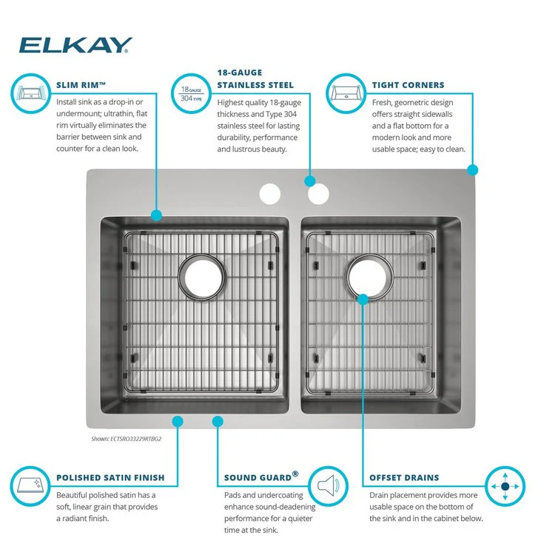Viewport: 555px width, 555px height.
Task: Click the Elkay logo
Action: click(75, 45)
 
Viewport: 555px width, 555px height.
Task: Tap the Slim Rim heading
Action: click(81, 85)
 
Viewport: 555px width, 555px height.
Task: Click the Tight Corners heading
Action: click(408, 85)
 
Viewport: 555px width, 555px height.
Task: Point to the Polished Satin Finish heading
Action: click(110, 478)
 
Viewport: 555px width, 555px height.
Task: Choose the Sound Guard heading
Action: click(261, 477)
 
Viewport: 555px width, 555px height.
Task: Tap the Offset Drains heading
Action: click(404, 478)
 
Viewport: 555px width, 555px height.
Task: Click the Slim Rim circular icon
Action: click(31, 94)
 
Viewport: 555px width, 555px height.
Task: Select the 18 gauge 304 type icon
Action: click(191, 94)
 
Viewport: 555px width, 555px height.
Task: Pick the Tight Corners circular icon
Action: click(346, 94)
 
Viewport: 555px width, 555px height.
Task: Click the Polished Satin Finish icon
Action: click(30, 486)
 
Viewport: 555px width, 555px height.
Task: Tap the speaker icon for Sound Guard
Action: click(328, 486)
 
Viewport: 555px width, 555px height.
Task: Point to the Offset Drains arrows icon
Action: click(505, 486)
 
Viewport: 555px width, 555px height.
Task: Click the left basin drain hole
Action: click(202, 277)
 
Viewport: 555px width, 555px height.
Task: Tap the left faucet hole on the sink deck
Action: click(270, 194)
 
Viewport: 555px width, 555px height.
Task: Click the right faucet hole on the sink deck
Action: click(318, 194)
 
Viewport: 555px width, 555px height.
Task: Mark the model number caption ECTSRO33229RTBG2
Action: click(127, 439)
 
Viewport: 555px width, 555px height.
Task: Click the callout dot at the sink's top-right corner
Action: click(473, 170)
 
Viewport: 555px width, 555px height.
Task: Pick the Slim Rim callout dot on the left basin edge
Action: click(156, 215)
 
